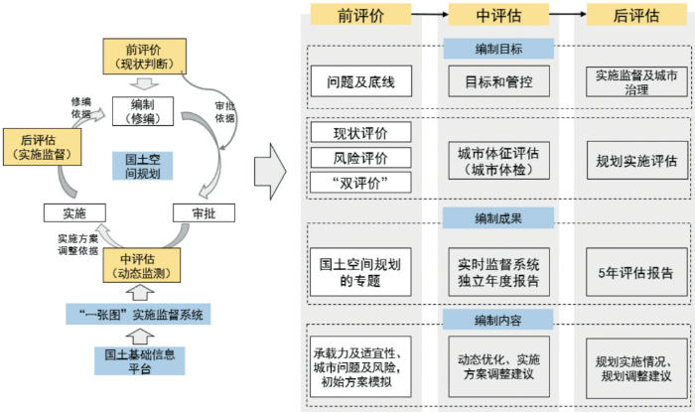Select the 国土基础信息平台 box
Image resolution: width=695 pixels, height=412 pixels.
click(x=139, y=360)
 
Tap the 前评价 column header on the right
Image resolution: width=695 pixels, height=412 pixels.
click(x=360, y=15)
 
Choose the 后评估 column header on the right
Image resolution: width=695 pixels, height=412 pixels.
click(x=637, y=15)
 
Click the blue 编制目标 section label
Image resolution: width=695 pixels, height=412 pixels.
click(x=497, y=49)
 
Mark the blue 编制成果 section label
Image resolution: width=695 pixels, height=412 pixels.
click(x=497, y=217)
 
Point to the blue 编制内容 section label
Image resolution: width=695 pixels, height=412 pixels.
click(x=497, y=318)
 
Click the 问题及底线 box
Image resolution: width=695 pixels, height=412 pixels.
click(x=360, y=81)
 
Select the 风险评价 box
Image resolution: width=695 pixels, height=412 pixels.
click(x=360, y=157)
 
